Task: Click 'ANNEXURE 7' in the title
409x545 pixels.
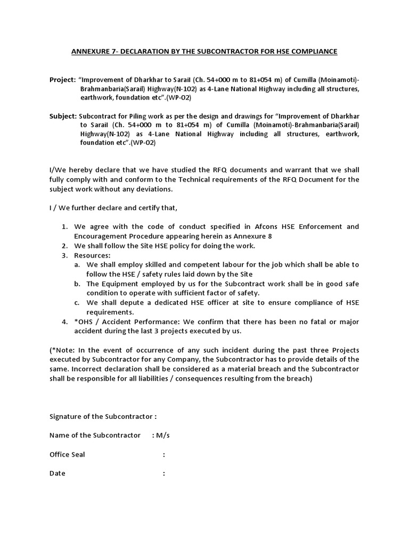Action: tap(92, 51)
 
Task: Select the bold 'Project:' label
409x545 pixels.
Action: tap(62, 79)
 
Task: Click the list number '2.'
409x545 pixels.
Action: tap(64, 246)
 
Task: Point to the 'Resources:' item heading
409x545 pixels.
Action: tap(92, 255)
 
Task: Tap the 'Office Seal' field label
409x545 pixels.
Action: tap(67, 455)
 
